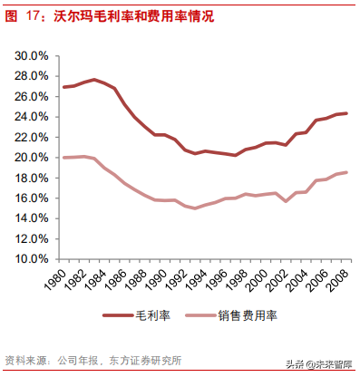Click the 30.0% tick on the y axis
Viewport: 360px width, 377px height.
pyautogui.click(x=32, y=56)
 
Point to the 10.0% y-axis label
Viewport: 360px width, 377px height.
pyautogui.click(x=32, y=259)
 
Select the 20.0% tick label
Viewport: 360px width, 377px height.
pyautogui.click(x=32, y=158)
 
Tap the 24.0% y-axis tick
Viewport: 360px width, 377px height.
pyautogui.click(x=32, y=117)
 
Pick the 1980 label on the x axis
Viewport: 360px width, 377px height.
pyautogui.click(x=63, y=284)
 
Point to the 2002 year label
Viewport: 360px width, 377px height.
pyautogui.click(x=286, y=284)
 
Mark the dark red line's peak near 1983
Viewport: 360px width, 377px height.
pyautogui.click(x=94, y=80)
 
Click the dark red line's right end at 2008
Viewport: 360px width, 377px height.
pyautogui.click(x=346, y=113)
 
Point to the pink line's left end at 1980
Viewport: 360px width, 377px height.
pyautogui.click(x=63, y=158)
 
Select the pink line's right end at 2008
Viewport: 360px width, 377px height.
pyautogui.click(x=346, y=172)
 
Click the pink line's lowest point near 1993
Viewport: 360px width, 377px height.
pyautogui.click(x=194, y=208)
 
